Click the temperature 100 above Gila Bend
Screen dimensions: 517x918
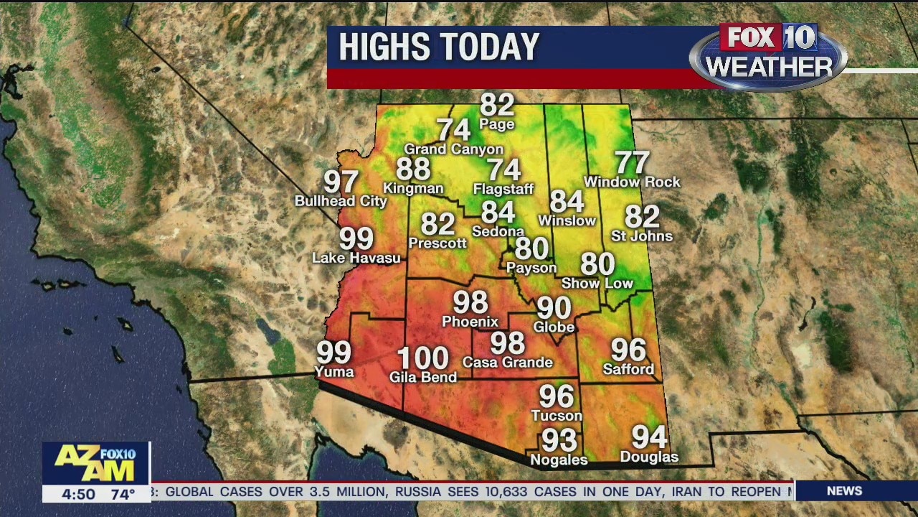[423, 358]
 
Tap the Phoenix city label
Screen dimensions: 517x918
[470, 321]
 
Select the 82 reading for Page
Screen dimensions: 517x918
[497, 105]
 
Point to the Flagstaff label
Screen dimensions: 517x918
[503, 190]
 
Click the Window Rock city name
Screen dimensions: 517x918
[632, 182]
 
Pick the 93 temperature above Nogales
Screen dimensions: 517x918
[559, 439]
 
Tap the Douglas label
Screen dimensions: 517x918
[649, 457]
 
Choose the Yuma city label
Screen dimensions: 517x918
[334, 371]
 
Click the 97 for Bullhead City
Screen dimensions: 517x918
[341, 182]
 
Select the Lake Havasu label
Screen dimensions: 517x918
[356, 258]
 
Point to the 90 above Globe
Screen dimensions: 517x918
[554, 308]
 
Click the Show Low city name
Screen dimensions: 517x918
[597, 284]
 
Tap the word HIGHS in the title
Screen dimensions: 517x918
[384, 47]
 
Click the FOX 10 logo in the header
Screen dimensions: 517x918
[768, 38]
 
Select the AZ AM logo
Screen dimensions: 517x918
[95, 463]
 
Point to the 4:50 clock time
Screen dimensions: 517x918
[78, 494]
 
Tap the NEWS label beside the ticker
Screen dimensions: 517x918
[844, 491]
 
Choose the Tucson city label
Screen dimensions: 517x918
[557, 416]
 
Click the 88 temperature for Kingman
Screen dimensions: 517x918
[413, 169]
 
